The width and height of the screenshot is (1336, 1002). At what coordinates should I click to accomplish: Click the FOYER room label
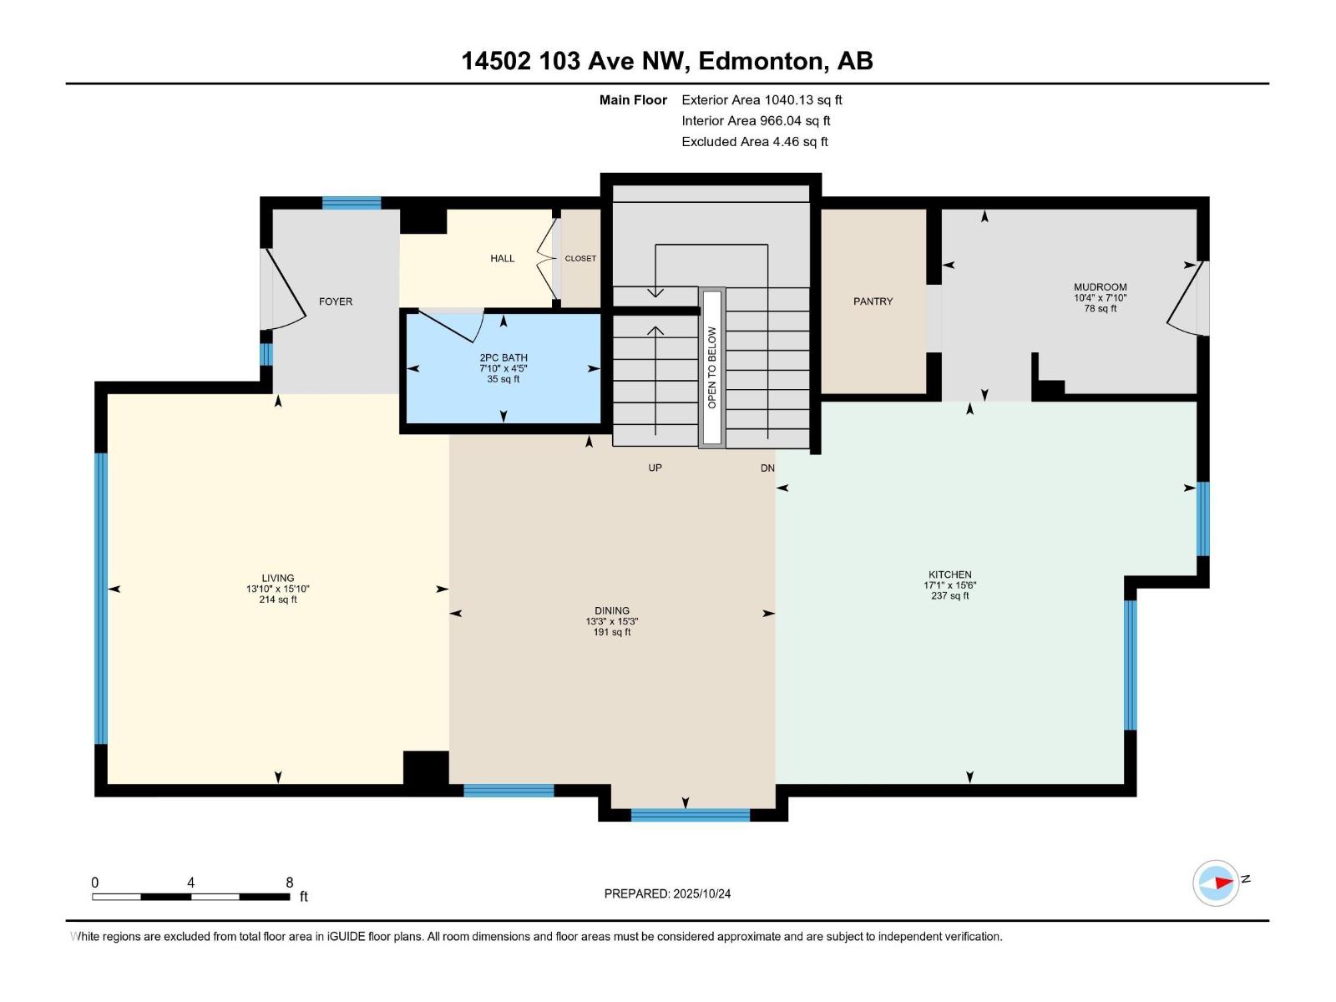pyautogui.click(x=336, y=301)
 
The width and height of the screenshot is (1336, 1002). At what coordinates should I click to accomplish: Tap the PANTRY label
pyautogui.click(x=873, y=301)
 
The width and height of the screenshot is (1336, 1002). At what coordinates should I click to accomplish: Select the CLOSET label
pyautogui.click(x=580, y=259)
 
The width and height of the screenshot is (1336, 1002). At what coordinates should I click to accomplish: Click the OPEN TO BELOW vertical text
pyautogui.click(x=712, y=367)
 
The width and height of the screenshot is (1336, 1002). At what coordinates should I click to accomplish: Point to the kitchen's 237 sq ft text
pyautogui.click(x=949, y=596)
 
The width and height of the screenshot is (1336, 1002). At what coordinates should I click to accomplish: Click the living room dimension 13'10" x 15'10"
pyautogui.click(x=278, y=589)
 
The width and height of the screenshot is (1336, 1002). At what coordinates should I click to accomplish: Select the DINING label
pyautogui.click(x=612, y=610)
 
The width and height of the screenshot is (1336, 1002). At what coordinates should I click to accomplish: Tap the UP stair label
pyautogui.click(x=655, y=468)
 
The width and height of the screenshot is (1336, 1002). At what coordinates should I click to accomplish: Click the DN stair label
pyautogui.click(x=767, y=468)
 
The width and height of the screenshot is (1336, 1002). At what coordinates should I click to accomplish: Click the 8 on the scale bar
pyautogui.click(x=290, y=883)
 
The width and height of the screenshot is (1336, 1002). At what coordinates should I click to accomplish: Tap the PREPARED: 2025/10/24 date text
pyautogui.click(x=667, y=893)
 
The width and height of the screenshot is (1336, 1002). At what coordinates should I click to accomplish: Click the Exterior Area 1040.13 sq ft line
pyautogui.click(x=762, y=100)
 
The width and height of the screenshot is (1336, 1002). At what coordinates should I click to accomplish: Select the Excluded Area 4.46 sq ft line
pyautogui.click(x=754, y=142)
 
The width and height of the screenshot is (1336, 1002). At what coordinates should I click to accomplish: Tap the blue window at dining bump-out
pyautogui.click(x=690, y=814)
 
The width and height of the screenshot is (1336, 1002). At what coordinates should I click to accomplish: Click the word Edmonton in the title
pyautogui.click(x=761, y=61)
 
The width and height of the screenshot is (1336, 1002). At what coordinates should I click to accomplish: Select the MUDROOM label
pyautogui.click(x=1100, y=287)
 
